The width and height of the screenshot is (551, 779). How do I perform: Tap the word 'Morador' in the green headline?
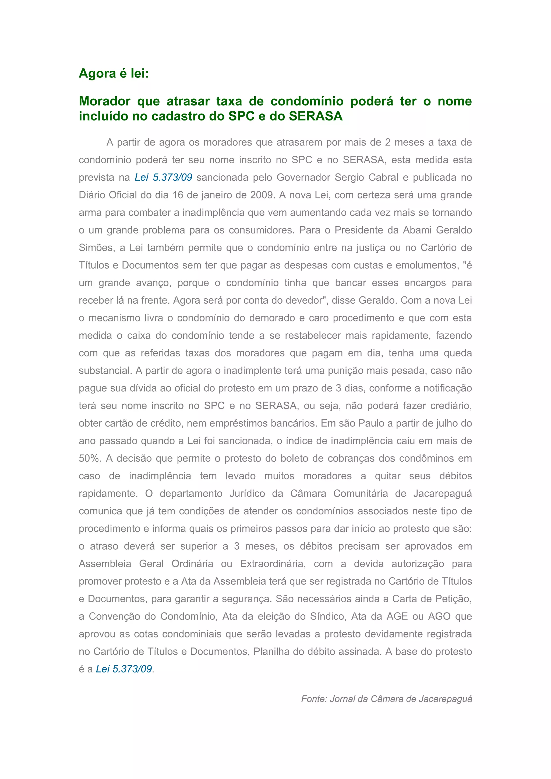[104, 101]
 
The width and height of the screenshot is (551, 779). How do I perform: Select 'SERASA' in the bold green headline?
[316, 116]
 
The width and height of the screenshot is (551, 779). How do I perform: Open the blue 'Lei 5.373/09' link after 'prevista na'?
[164, 178]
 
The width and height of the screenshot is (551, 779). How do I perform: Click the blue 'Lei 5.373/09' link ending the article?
[124, 669]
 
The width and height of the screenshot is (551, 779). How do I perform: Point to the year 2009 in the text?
[261, 195]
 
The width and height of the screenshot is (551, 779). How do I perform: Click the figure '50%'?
[90, 458]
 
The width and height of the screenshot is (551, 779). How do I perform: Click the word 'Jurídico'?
[247, 493]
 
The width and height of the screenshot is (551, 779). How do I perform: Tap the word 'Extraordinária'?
[273, 564]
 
